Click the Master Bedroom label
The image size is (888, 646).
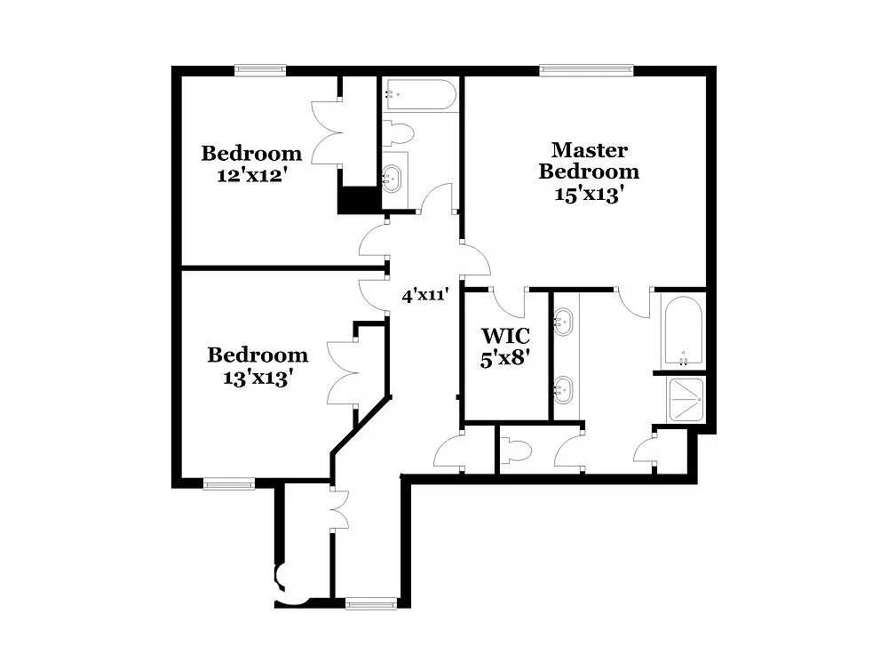(589, 161)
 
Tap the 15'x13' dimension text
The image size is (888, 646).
(585, 195)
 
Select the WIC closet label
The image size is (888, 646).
(505, 336)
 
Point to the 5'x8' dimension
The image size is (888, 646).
(505, 360)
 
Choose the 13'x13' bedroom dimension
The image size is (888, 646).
(258, 377)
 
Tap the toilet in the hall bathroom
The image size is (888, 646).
(399, 133)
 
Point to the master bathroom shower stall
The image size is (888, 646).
(686, 399)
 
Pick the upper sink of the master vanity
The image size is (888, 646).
(564, 322)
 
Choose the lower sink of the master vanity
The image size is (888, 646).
(564, 388)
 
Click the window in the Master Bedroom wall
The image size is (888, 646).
(586, 70)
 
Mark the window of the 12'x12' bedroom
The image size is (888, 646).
(260, 70)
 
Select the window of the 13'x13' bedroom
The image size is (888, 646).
(228, 484)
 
